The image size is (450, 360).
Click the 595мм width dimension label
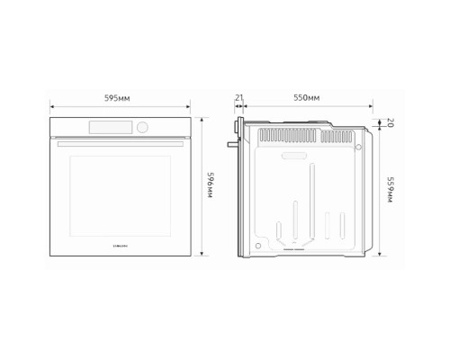pyautogui.click(x=120, y=96)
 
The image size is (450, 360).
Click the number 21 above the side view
pyautogui.click(x=239, y=96)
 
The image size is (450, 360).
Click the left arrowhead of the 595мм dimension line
pyautogui.click(x=52, y=105)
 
